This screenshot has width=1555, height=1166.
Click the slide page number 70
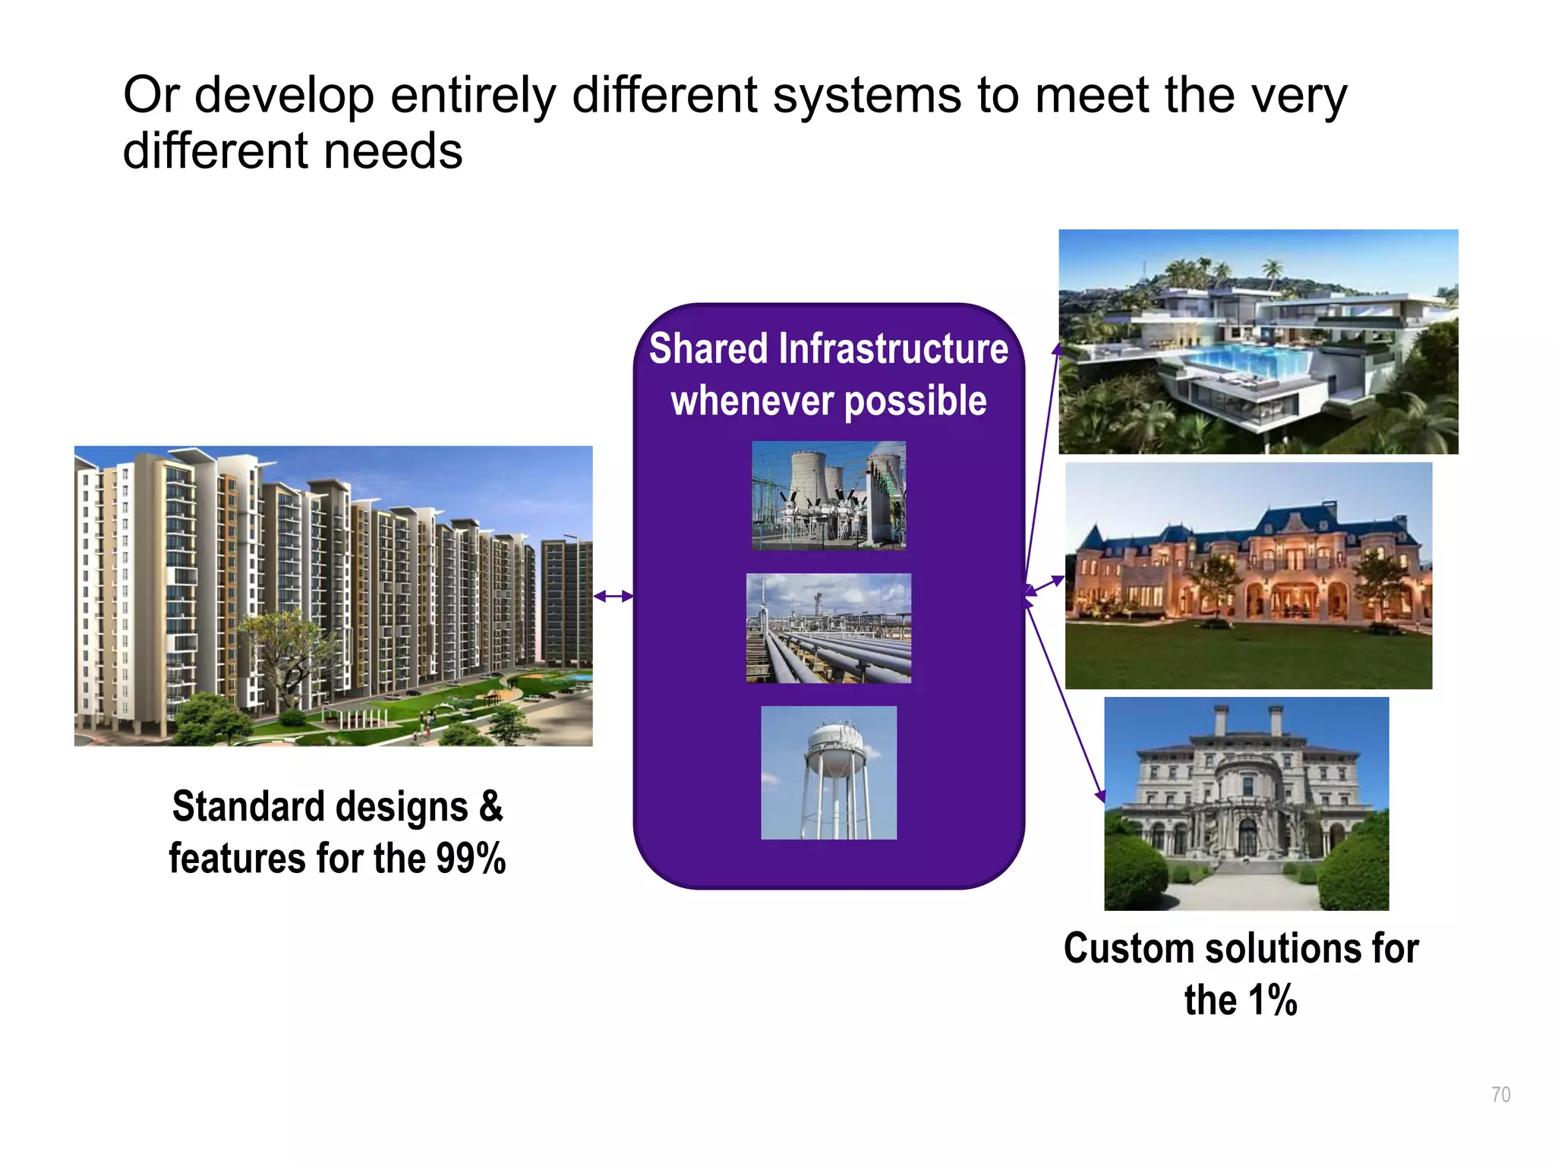point(1500,1095)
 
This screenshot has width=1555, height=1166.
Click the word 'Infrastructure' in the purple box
point(894,349)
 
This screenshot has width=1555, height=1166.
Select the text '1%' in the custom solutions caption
point(1273,1001)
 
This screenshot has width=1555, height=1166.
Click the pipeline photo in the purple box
point(828,629)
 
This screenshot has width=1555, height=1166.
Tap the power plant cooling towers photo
point(828,495)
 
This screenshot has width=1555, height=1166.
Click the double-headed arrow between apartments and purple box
point(613,596)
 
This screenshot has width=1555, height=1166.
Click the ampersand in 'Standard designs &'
point(491,806)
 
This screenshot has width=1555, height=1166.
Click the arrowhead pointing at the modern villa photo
point(1056,349)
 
